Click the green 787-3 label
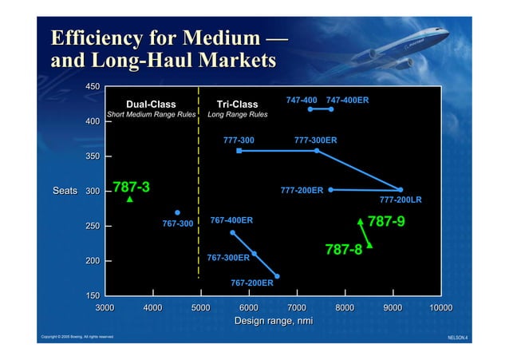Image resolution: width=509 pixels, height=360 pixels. [x=131, y=188]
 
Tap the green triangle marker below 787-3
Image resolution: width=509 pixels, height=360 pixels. [x=130, y=200]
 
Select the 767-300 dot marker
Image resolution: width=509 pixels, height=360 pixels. [x=177, y=213]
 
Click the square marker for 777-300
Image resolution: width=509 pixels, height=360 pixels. [x=239, y=150]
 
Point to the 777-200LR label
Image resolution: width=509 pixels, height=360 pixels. [x=400, y=200]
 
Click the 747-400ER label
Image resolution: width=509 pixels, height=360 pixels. [x=347, y=100]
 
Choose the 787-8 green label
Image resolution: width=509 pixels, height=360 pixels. [x=343, y=250]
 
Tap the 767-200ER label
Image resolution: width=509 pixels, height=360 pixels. [x=251, y=283]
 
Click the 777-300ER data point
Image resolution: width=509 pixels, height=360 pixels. [x=317, y=150]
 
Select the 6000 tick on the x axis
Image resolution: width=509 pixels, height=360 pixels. [x=248, y=307]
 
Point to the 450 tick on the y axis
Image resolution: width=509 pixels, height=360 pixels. [x=93, y=86]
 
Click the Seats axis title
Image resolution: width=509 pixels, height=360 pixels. [x=65, y=192]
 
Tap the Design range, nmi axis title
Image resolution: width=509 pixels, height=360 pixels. [x=267, y=321]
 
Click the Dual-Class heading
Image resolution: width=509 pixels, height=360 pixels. [x=151, y=104]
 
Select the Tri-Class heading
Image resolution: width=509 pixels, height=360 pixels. [x=237, y=104]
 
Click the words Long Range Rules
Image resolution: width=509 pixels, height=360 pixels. [x=237, y=115]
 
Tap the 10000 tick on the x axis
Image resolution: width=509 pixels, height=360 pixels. [x=440, y=307]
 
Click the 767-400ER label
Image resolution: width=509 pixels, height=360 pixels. [x=231, y=220]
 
